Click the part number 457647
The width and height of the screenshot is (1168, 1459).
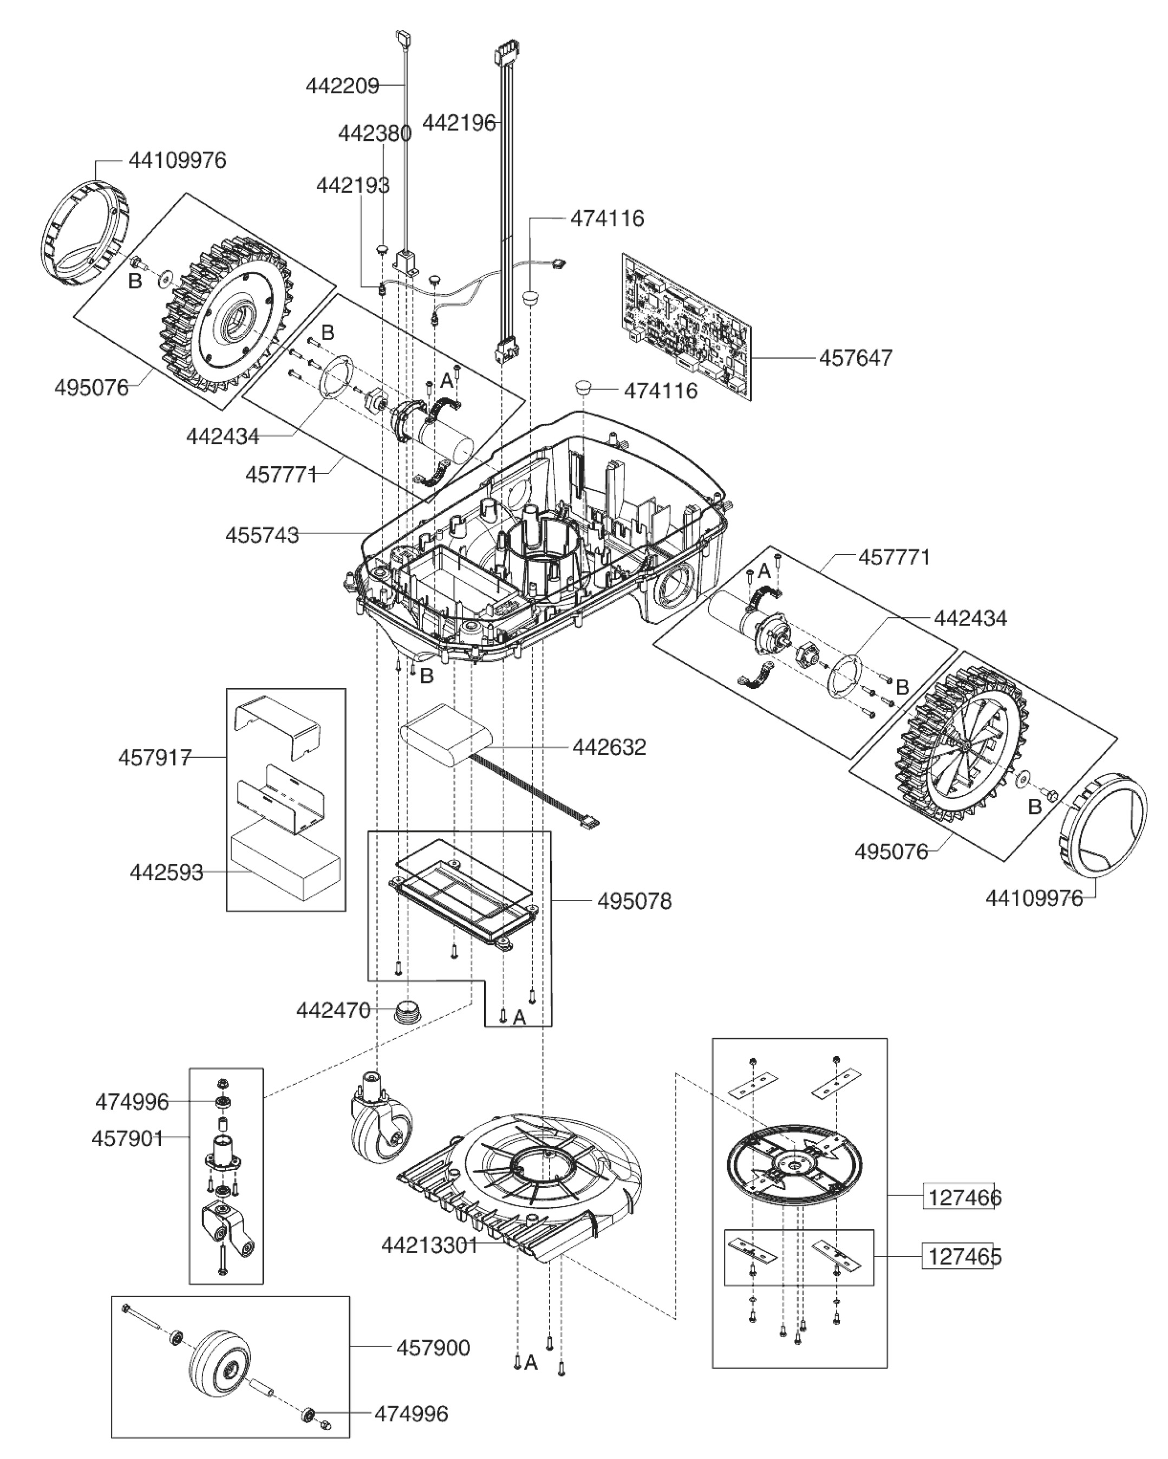click(856, 358)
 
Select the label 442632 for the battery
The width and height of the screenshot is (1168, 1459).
click(609, 747)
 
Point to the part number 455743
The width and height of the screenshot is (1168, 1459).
click(262, 535)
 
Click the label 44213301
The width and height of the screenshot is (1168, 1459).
click(430, 1245)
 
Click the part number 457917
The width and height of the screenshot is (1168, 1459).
click(155, 757)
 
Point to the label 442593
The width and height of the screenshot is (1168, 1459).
click(166, 873)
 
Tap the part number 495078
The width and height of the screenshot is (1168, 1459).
click(634, 901)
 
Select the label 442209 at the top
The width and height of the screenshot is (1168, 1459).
click(342, 86)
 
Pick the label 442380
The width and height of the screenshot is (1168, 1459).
click(374, 134)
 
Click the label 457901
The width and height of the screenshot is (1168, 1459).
click(127, 1138)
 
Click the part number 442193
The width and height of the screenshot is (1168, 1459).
click(353, 185)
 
